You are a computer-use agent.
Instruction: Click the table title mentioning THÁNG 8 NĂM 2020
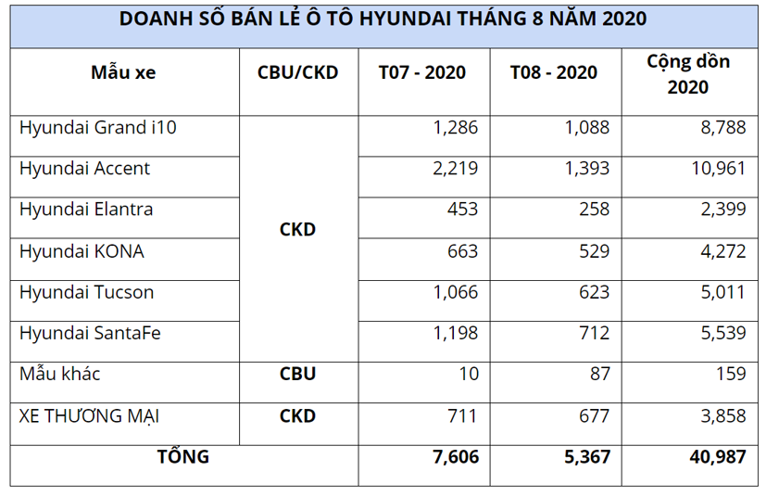coord(383,19)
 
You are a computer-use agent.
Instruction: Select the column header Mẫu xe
coord(123,73)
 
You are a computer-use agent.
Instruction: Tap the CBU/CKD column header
coord(297,73)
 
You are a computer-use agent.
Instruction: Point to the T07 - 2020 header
coord(422,73)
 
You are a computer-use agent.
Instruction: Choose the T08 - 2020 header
coord(554,73)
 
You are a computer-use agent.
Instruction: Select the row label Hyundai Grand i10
coord(97,128)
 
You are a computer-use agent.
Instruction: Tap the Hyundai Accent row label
coord(84,169)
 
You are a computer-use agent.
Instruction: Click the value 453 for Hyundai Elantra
coord(461,210)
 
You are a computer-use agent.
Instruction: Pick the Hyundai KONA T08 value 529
coord(592,251)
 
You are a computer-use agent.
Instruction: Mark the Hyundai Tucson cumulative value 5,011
coord(723,293)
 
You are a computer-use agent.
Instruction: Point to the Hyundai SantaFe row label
coord(90,334)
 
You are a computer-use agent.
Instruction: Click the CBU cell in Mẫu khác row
coord(297,375)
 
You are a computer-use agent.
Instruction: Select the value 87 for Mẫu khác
coord(598,375)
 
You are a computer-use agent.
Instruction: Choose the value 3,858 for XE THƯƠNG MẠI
coord(723,416)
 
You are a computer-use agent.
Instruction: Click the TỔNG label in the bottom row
coord(182,457)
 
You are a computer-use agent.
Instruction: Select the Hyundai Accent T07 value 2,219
coord(455,169)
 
